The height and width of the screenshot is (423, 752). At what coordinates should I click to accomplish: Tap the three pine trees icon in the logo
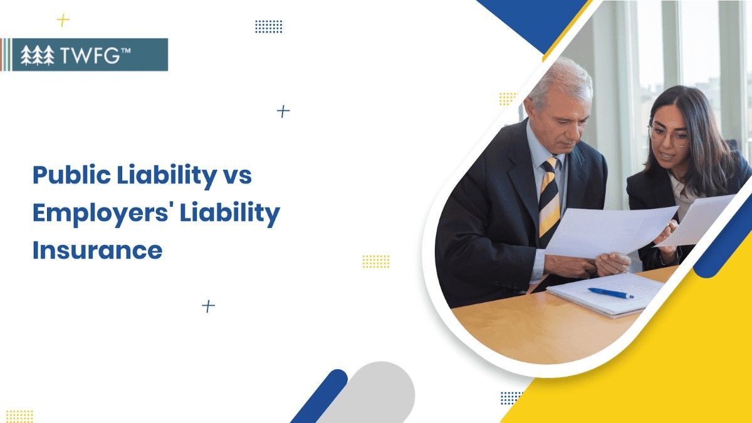point(38,55)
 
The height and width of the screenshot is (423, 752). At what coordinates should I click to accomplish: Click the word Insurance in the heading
point(97,250)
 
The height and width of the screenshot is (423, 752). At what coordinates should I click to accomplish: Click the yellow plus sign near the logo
point(63,21)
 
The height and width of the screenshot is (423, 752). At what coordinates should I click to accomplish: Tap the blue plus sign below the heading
point(208,306)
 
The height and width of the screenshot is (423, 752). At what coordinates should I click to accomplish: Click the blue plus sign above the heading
point(283,112)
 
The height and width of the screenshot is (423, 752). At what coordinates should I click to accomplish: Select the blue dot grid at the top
point(268,26)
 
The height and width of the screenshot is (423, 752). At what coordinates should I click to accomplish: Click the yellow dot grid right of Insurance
point(375,261)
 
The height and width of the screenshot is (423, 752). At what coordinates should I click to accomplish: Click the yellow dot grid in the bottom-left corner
point(19,415)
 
